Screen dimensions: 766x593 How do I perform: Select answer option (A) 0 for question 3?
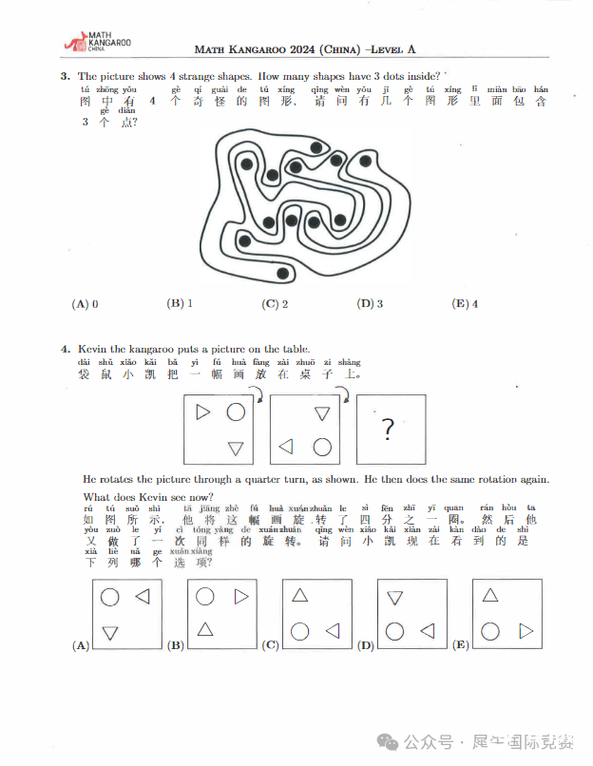pyautogui.click(x=86, y=304)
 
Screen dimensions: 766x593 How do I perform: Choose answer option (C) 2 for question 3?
pyautogui.click(x=275, y=304)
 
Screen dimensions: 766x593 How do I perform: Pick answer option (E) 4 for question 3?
pyautogui.click(x=466, y=304)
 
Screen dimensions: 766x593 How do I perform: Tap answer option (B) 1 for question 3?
pyautogui.click(x=180, y=304)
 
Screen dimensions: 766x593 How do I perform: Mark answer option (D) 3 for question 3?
pyautogui.click(x=370, y=304)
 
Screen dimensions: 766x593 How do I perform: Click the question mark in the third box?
pyautogui.click(x=388, y=430)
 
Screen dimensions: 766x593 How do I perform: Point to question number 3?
pyautogui.click(x=64, y=76)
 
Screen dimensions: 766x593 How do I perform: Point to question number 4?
pyautogui.click(x=64, y=349)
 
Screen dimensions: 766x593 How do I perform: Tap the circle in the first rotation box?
pyautogui.click(x=236, y=412)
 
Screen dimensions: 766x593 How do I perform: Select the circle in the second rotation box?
pyautogui.click(x=322, y=446)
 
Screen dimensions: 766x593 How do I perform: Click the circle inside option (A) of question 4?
pyautogui.click(x=110, y=597)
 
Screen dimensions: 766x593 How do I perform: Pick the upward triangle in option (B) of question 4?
pyautogui.click(x=204, y=628)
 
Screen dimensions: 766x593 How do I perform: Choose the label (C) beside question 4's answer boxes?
pyautogui.click(x=270, y=645)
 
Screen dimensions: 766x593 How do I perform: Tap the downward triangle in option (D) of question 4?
pyautogui.click(x=395, y=598)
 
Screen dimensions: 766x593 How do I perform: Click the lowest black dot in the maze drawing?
pyautogui.click(x=282, y=275)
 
